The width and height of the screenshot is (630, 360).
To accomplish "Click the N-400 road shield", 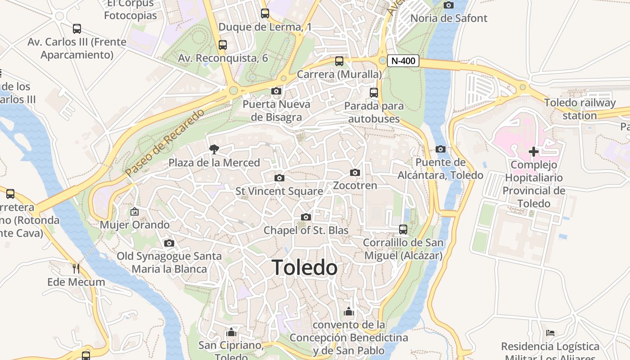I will (x=403, y=61).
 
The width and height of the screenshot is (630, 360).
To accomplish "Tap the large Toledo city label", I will (x=305, y=268).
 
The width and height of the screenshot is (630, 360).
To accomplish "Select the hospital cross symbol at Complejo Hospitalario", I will (x=534, y=152).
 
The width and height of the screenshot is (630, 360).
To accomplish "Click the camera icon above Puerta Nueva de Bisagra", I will (x=276, y=91).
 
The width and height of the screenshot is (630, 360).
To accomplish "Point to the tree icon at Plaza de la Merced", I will (x=214, y=149).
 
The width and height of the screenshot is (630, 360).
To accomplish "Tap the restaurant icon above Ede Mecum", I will (x=76, y=269).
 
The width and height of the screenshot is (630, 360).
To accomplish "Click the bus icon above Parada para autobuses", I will (x=373, y=93).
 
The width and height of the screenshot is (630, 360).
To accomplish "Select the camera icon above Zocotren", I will (x=355, y=172).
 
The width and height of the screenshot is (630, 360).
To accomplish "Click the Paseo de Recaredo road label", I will (x=164, y=142).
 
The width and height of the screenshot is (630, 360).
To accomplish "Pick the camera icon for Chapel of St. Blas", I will (x=306, y=217).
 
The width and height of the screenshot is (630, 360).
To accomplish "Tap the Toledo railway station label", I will (x=580, y=109).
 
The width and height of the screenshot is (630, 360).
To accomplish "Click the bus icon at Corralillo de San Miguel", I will (x=403, y=229).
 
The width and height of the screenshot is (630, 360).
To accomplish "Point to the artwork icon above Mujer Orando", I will (x=135, y=211).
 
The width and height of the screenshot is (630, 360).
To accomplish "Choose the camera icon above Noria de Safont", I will (x=449, y=5).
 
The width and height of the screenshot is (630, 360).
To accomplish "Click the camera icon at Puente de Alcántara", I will (x=441, y=149).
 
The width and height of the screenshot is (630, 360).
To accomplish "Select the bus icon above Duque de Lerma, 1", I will (x=265, y=13).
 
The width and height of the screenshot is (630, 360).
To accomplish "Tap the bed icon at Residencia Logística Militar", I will (x=550, y=333).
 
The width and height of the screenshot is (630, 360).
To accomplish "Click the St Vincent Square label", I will (x=279, y=191).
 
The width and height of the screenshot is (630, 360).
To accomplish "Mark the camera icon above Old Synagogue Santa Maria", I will (x=169, y=243).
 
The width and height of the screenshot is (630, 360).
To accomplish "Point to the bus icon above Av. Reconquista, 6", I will (x=223, y=45).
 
